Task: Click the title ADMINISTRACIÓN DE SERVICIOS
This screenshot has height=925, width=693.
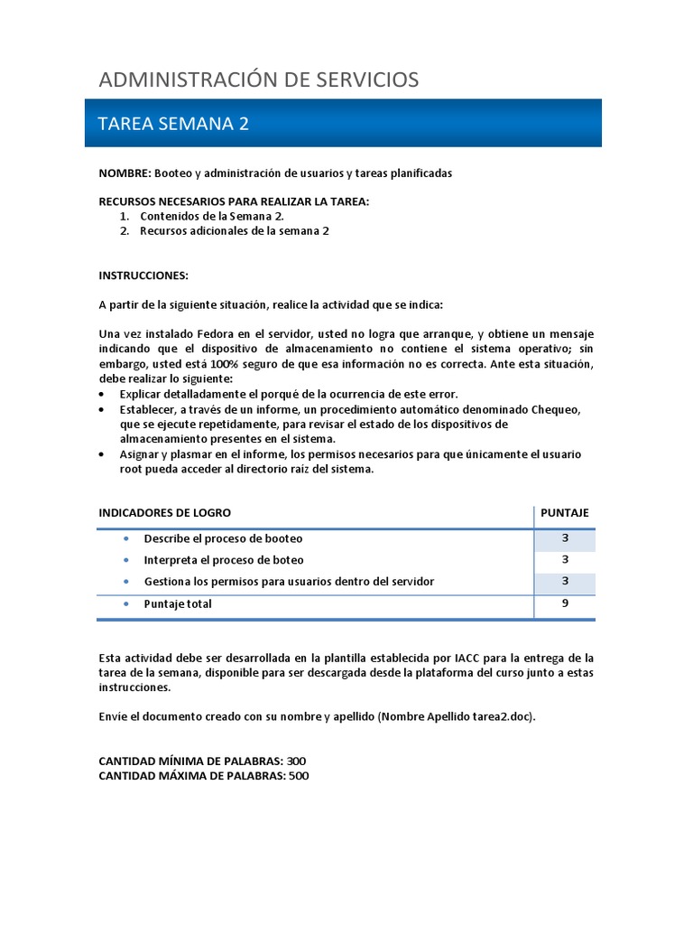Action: pyautogui.click(x=258, y=79)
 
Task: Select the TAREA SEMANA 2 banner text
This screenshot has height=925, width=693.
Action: pyautogui.click(x=172, y=124)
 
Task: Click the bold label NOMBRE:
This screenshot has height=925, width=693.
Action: pyautogui.click(x=125, y=173)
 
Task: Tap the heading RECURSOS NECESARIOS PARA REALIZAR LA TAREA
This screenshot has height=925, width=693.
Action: pyautogui.click(x=234, y=201)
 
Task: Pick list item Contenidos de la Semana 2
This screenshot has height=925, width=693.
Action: pyautogui.click(x=212, y=217)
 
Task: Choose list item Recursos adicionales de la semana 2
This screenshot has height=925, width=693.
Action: pyautogui.click(x=235, y=231)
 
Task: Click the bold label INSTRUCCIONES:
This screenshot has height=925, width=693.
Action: pyautogui.click(x=143, y=275)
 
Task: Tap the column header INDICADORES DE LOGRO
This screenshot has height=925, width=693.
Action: pyautogui.click(x=164, y=513)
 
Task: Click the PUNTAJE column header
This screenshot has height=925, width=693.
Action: pyautogui.click(x=564, y=513)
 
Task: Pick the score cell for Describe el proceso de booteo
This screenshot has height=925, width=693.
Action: pyautogui.click(x=564, y=538)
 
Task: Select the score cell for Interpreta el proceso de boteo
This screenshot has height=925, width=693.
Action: pyautogui.click(x=564, y=560)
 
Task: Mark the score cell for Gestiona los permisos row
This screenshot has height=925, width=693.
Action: pyautogui.click(x=564, y=582)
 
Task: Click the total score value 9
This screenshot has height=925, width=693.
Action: pyautogui.click(x=564, y=603)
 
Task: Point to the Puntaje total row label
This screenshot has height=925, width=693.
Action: pyautogui.click(x=178, y=604)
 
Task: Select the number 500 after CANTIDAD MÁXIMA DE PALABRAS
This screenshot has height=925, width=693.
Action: pyautogui.click(x=298, y=776)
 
